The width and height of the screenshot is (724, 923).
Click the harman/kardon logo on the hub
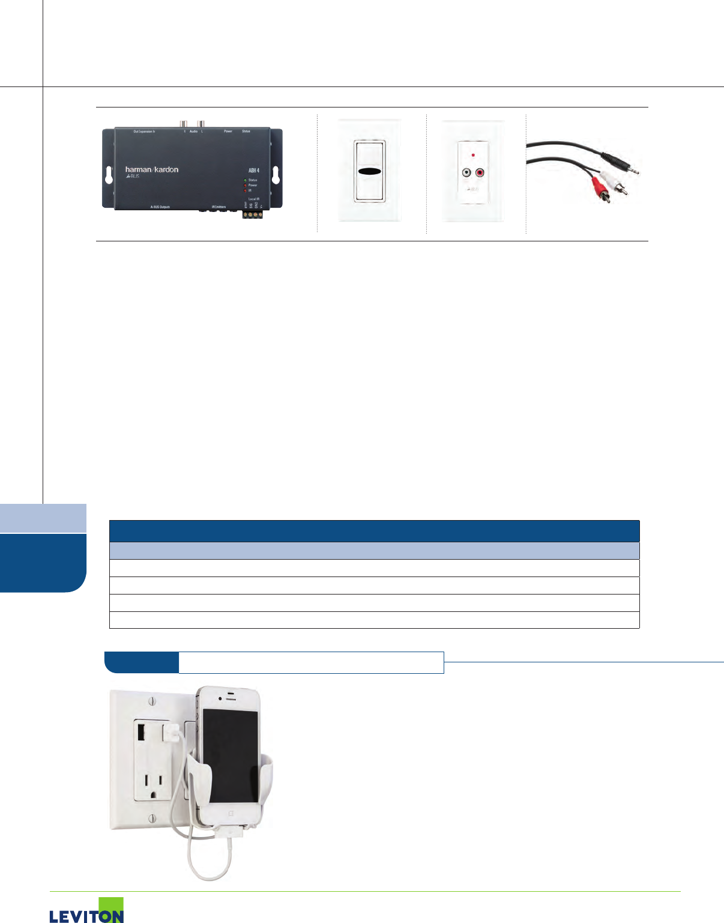tap(152, 170)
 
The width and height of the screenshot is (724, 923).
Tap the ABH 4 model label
tap(254, 171)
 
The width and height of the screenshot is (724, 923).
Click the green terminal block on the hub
tap(253, 214)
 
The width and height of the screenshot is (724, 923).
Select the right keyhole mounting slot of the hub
tap(276, 175)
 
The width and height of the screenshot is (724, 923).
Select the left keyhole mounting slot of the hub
tap(109, 175)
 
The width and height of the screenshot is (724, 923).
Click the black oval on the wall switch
tap(369, 172)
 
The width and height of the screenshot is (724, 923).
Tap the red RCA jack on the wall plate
tap(480, 173)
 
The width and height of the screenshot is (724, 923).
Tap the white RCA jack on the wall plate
tap(466, 173)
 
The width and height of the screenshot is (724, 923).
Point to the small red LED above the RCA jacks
tap(473, 155)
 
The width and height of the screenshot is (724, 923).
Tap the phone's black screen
tap(231, 754)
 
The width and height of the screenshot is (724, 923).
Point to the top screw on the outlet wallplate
tap(152, 701)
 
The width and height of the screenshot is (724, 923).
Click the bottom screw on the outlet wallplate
tap(152, 817)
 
